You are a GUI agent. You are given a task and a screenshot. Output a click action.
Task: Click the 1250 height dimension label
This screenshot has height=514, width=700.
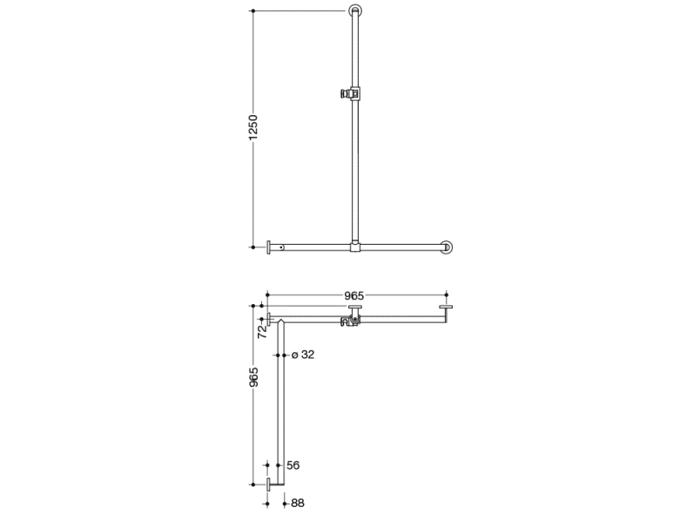pos(253,127)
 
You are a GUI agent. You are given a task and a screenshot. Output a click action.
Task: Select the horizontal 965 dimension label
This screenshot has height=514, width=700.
pos(354,295)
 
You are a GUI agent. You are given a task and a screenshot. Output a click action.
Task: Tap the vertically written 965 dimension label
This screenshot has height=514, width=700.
pos(253,377)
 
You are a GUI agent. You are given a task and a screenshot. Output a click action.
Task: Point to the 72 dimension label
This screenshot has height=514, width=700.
pos(263,331)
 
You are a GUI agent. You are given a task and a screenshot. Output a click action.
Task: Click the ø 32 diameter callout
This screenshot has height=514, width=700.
pos(303,355)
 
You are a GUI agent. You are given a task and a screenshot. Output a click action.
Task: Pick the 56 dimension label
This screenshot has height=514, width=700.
pos(293,465)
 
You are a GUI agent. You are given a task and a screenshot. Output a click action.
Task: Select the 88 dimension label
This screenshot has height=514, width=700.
pos(298,504)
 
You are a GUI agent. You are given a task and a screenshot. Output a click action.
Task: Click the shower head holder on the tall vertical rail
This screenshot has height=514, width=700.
pos(351,93)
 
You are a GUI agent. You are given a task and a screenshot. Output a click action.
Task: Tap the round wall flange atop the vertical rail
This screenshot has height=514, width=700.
pos(355,10)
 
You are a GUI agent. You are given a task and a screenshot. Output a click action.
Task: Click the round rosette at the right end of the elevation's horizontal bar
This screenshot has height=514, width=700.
pos(447,247)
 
